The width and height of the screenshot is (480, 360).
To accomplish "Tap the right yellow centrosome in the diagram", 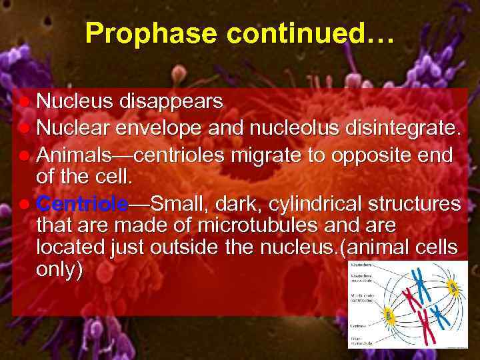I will coord(453,288).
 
